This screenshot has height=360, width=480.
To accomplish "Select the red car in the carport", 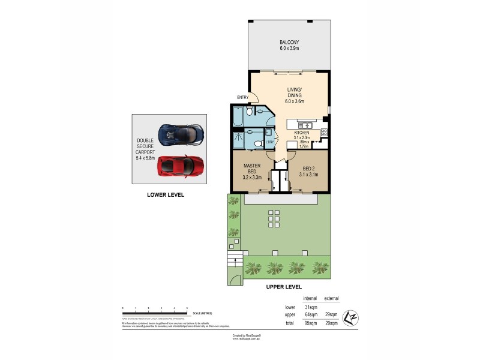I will click(180, 166).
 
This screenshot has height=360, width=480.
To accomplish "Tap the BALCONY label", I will click(289, 45).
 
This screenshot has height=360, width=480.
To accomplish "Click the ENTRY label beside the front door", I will click(242, 98).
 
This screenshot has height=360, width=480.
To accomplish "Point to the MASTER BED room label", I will click(251, 171).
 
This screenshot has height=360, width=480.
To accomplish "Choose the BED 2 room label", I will click(307, 171).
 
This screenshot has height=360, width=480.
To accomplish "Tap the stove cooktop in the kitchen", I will click(324, 132).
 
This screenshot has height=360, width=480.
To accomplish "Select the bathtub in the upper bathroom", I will click(238, 117).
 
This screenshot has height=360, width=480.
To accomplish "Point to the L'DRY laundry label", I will click(270, 142).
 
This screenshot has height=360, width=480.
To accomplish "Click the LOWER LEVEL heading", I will click(166, 195).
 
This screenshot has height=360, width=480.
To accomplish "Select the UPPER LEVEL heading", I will click(284, 287).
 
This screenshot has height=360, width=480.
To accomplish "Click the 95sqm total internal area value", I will click(310, 323).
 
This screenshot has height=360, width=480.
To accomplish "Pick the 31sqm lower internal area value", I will click(310, 307).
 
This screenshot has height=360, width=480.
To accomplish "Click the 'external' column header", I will click(331, 298).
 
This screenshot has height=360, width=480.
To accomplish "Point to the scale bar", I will click(156, 313).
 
